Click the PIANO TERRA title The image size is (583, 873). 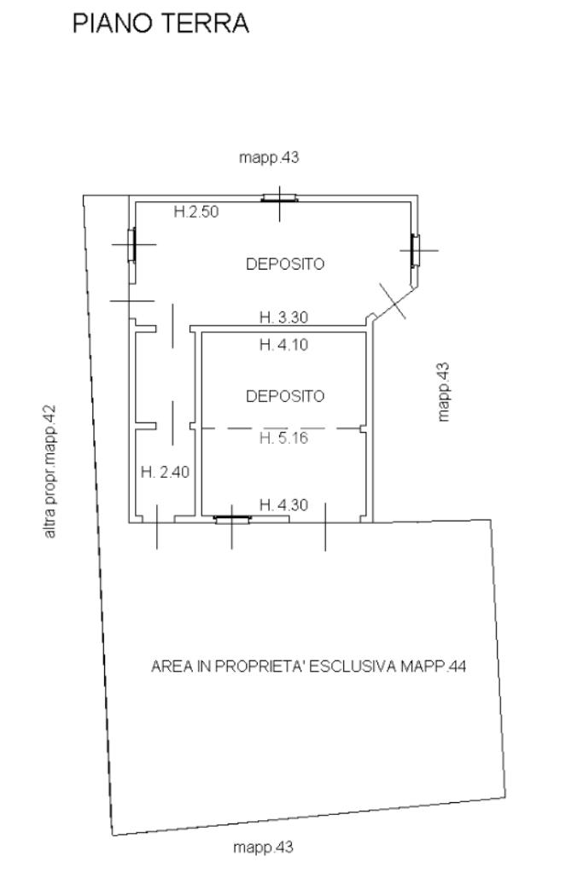(x=160, y=23)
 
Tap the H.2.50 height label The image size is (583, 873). (x=196, y=212)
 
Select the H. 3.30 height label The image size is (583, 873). (x=283, y=317)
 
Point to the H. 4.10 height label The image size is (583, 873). (x=283, y=345)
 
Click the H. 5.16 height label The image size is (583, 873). (x=283, y=438)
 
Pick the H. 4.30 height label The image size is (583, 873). (x=283, y=505)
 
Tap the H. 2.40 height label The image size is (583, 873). (x=165, y=472)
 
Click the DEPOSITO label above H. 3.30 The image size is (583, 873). (x=285, y=264)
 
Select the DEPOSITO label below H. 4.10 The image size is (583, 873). (x=285, y=397)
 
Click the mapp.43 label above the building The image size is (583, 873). (x=269, y=158)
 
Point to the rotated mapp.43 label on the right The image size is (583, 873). (x=443, y=392)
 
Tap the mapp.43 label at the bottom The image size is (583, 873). (x=264, y=848)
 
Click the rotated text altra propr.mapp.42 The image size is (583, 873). (x=50, y=472)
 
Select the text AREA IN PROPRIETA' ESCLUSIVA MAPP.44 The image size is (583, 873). (x=308, y=666)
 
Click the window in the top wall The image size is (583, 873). (x=279, y=198)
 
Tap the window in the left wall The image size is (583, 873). (x=132, y=244)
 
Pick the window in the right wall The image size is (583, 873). (x=416, y=251)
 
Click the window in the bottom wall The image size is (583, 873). (x=233, y=520)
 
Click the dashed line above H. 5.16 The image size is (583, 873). (x=281, y=428)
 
